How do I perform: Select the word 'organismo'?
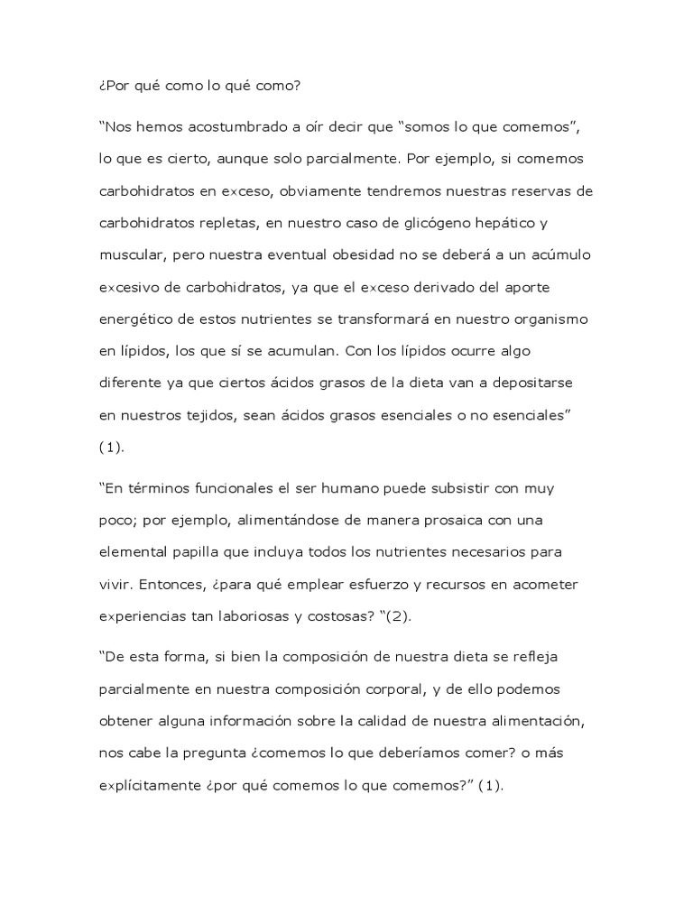(543, 319)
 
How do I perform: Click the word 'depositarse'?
(530, 383)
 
